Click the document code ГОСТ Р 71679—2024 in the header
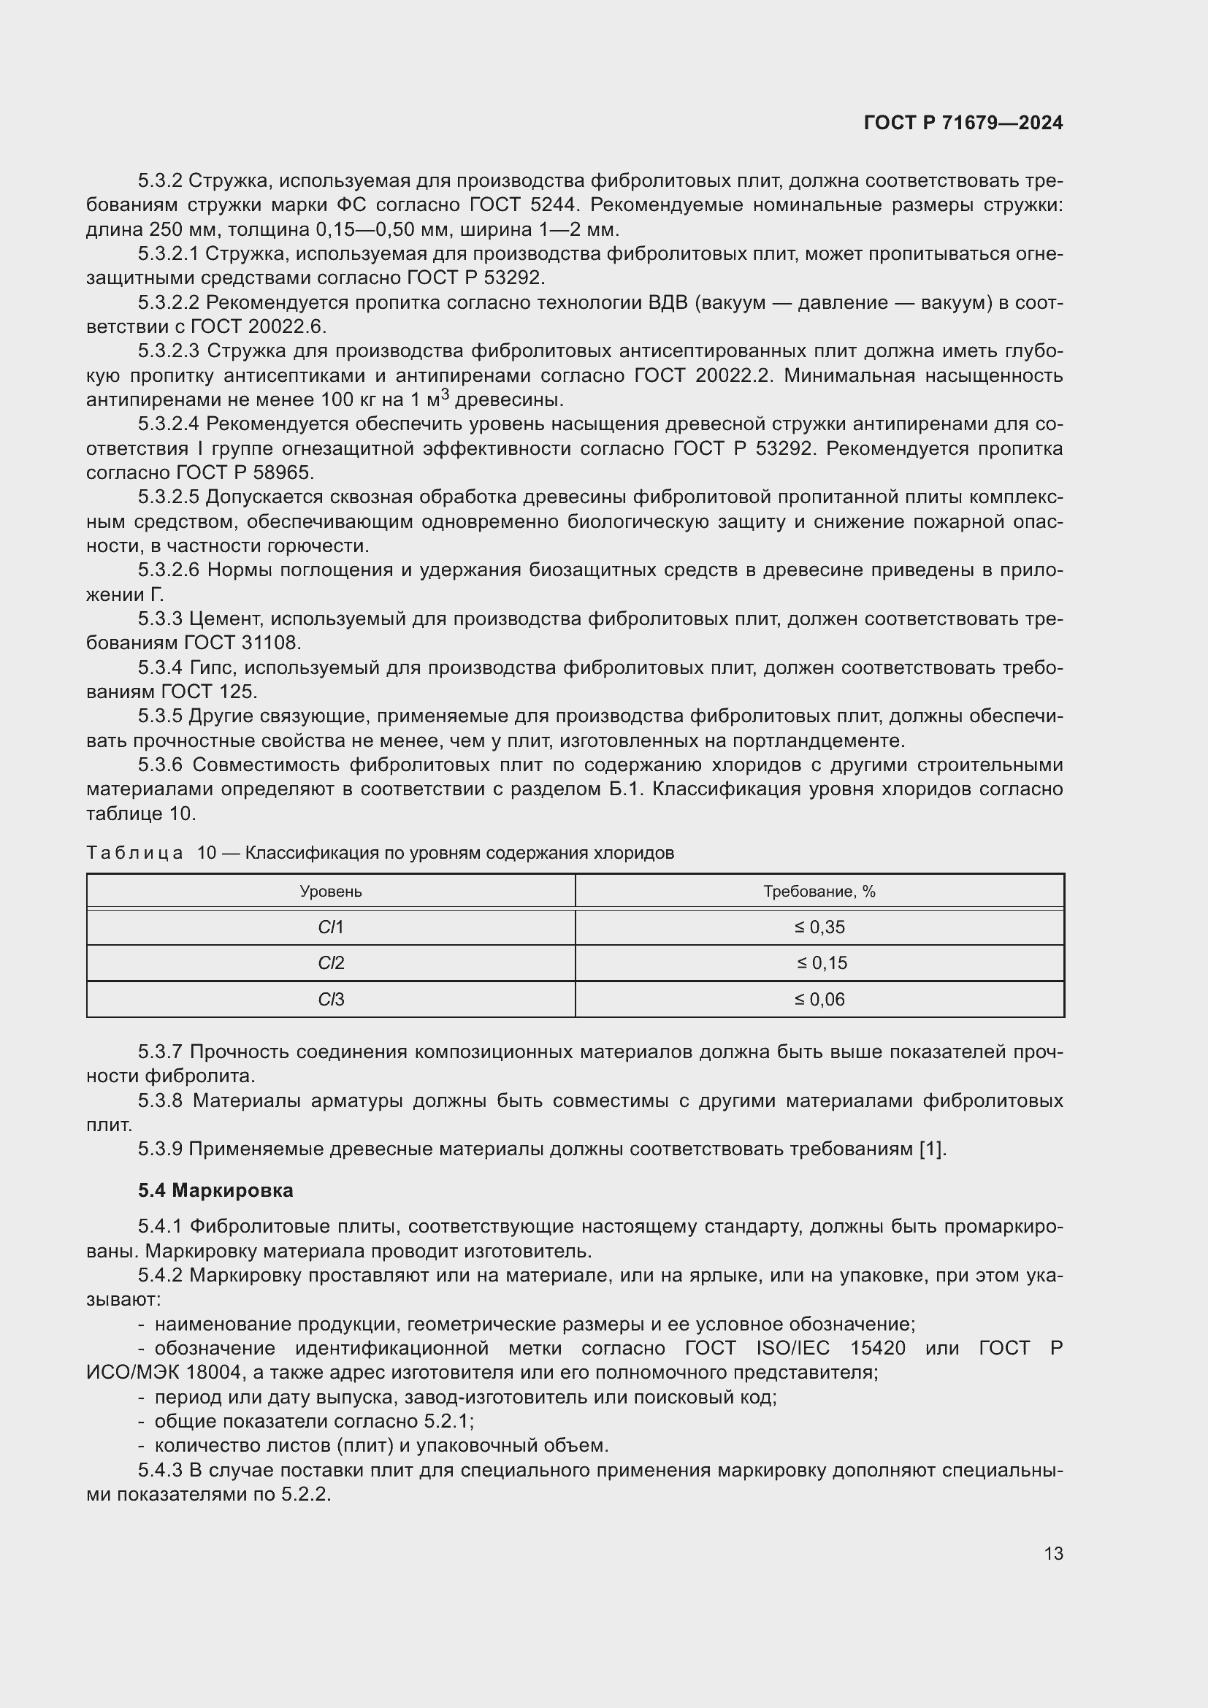[963, 123]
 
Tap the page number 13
[1053, 1553]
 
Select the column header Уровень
[330, 891]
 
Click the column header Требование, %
[819, 891]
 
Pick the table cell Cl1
[330, 927]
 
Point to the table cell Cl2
[330, 963]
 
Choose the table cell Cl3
[330, 1000]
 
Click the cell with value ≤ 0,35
[819, 927]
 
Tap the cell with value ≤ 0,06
[819, 1000]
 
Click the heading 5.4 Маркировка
[215, 1191]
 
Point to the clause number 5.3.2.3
[169, 351]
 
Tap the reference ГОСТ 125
[208, 692]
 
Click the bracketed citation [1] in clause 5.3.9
[931, 1149]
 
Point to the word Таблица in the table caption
[134, 853]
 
